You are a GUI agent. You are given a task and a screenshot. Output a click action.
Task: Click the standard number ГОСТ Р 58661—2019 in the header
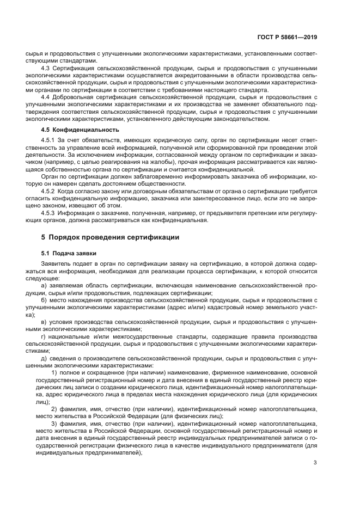[x=287, y=38]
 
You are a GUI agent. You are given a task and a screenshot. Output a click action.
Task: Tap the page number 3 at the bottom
[x=315, y=463]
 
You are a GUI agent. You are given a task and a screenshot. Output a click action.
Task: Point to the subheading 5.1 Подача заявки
[x=69, y=253]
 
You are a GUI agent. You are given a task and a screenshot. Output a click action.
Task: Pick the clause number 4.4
[x=46, y=97]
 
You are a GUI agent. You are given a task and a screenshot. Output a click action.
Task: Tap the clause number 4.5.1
[x=48, y=140]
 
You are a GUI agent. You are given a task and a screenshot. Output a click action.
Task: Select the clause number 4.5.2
[x=48, y=192]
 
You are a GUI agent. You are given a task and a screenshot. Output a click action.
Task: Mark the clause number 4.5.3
[x=48, y=213]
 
